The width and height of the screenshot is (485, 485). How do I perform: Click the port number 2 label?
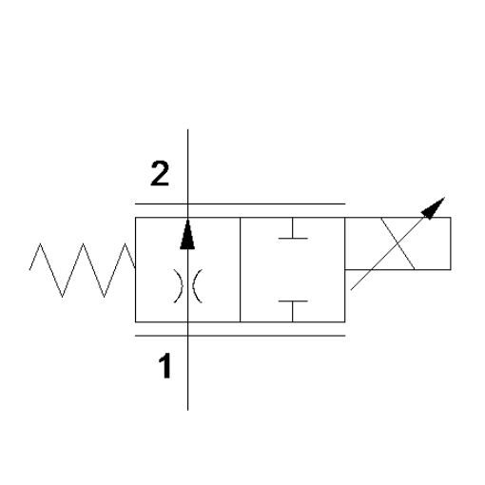[x=160, y=173]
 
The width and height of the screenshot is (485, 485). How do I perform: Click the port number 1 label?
[x=165, y=366]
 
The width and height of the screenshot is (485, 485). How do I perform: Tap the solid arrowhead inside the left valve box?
[x=187, y=234]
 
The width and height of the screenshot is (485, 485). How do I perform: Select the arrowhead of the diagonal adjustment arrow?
[x=434, y=208]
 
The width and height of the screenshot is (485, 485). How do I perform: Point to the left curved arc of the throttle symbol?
[x=180, y=286]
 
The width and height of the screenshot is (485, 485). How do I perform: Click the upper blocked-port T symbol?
[x=293, y=228]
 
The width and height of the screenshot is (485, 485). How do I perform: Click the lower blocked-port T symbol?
[x=293, y=311]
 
